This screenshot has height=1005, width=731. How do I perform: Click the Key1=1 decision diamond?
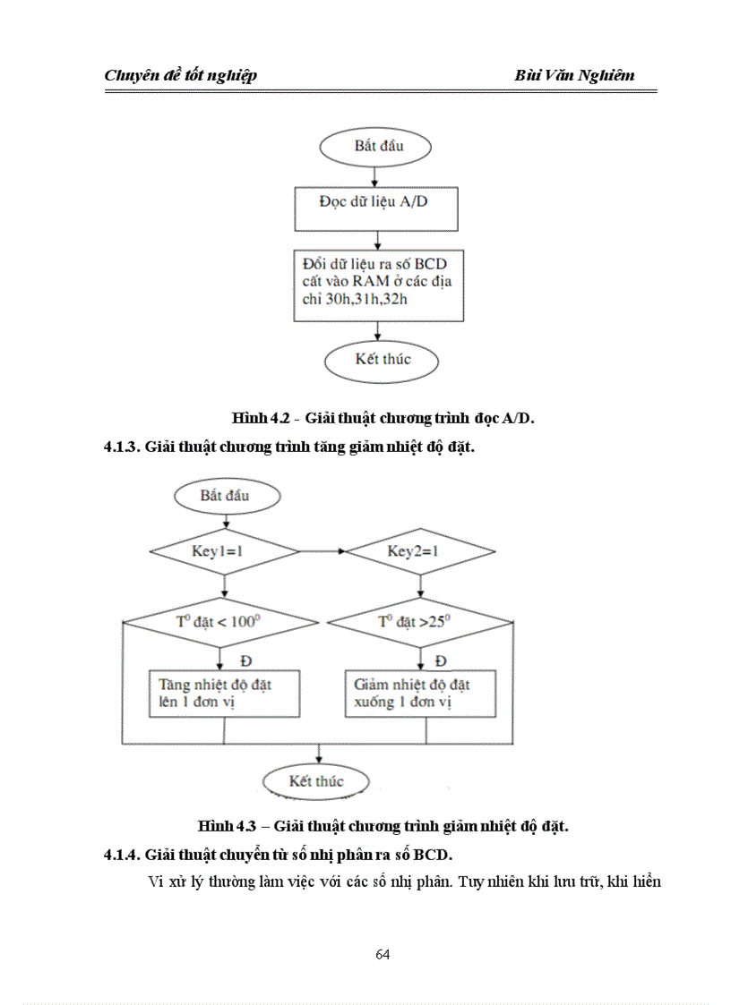224,551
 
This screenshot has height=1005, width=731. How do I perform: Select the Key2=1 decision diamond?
420,551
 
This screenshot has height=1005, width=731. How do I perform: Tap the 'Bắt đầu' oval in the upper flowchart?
377,147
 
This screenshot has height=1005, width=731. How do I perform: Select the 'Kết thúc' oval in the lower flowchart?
316,781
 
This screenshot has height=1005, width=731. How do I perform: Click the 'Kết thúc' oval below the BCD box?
383,360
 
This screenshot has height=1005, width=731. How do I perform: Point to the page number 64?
383,954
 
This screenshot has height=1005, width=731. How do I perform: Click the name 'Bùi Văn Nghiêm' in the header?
574,75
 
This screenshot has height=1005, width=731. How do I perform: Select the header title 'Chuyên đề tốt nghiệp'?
181,75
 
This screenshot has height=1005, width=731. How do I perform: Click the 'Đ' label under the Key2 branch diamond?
441,660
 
